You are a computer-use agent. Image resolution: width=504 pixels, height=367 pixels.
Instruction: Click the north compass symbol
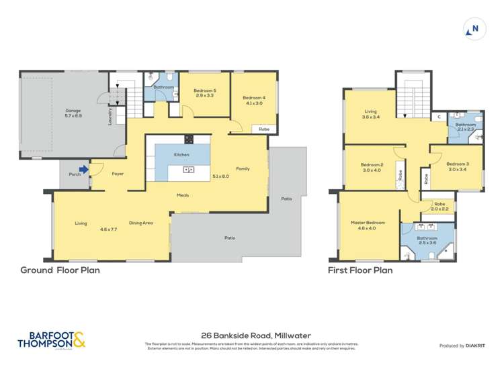tap(474, 29)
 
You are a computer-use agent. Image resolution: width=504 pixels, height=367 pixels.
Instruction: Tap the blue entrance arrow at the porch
tap(83, 170)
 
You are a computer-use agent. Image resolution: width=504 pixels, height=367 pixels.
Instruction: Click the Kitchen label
tap(181, 154)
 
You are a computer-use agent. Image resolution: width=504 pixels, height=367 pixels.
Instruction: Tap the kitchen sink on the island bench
tap(189, 170)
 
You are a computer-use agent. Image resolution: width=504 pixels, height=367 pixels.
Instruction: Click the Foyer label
tap(118, 174)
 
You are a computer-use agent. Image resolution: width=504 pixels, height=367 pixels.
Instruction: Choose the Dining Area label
tap(140, 223)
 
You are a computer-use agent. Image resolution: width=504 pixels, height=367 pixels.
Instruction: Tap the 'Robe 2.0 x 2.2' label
tap(440, 207)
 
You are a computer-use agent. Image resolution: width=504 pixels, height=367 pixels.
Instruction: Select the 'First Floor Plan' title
tap(360, 271)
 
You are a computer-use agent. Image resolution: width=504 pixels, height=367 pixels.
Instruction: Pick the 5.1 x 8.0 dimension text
tap(220, 176)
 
